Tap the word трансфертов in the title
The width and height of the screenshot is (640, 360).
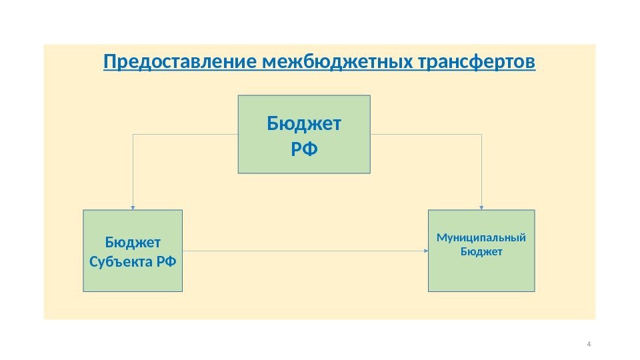475,63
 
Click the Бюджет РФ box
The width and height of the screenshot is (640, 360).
304,134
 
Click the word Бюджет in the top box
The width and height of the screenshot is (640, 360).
304,124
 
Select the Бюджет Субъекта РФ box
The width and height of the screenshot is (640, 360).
133,251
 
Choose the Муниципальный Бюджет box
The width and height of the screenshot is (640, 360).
481,251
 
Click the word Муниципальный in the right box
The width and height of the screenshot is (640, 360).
481,238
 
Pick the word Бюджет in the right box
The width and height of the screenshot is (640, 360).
481,251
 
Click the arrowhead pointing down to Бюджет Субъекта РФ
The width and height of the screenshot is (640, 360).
133,207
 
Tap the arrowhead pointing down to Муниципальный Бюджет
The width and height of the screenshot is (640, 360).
481,207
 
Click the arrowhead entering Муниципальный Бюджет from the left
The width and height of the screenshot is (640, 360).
425,251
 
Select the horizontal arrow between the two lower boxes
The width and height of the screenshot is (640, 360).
303,251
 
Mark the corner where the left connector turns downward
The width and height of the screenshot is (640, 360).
133,134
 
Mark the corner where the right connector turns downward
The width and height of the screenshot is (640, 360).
481,134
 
